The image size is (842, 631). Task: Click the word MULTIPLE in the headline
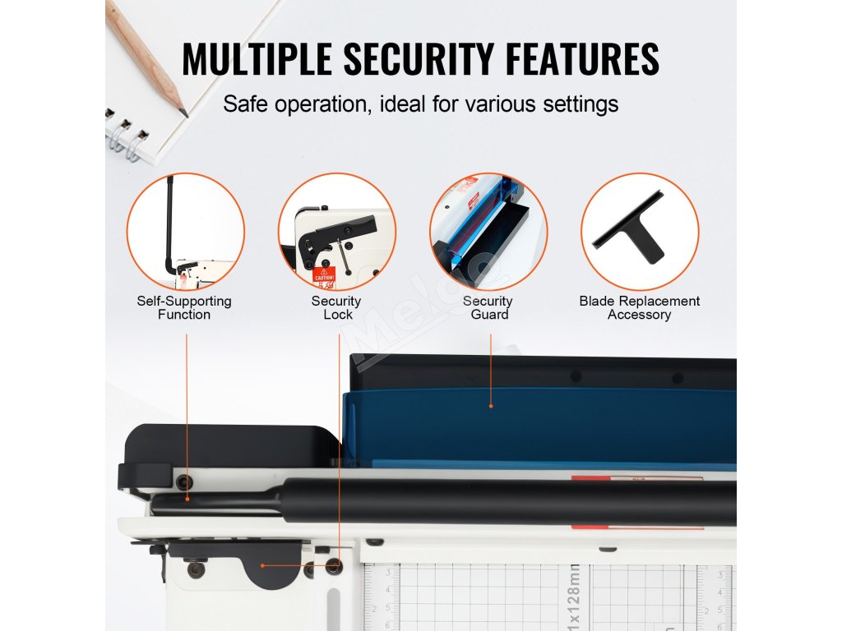point(256,58)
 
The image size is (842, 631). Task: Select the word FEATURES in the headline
point(585,58)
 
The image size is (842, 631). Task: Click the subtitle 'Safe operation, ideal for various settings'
point(420,104)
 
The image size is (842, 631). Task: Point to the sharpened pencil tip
point(183,113)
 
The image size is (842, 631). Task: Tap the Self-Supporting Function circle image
point(185,232)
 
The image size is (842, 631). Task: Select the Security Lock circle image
point(337,232)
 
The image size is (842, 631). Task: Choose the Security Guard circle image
point(488,232)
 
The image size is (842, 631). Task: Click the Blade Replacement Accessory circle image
point(640,232)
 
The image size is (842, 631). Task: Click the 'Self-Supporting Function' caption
point(184,308)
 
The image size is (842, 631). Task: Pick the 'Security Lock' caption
point(336,308)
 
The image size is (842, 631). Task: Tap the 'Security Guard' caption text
point(488,308)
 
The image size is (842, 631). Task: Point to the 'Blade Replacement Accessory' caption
point(640,308)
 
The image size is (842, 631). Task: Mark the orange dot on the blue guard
point(491,405)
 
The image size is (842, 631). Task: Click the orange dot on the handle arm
point(187,498)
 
